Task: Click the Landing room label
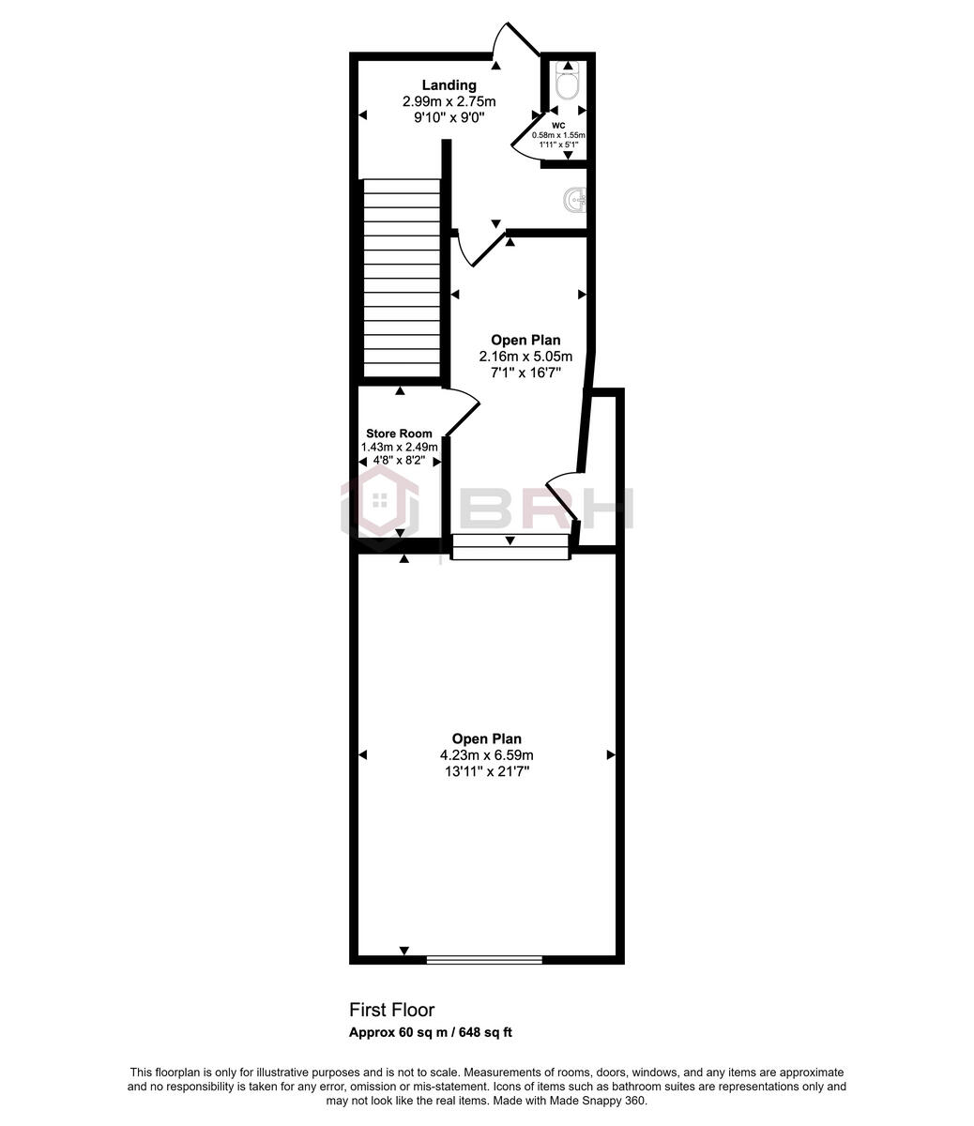click(x=449, y=85)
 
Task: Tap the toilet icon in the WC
click(x=566, y=82)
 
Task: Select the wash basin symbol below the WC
click(x=576, y=200)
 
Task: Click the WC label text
click(x=558, y=125)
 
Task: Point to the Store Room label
click(x=399, y=434)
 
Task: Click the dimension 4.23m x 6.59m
click(x=486, y=755)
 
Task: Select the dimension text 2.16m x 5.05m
click(x=525, y=357)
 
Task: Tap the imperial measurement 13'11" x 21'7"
click(x=486, y=771)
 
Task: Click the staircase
click(x=402, y=279)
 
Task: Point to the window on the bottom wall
click(x=484, y=959)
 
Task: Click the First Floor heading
click(x=391, y=1010)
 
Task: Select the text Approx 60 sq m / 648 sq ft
click(x=430, y=1033)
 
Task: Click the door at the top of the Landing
click(x=517, y=42)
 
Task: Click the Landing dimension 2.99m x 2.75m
click(x=449, y=101)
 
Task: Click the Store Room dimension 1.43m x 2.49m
click(x=399, y=448)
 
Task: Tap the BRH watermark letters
click(x=547, y=509)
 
